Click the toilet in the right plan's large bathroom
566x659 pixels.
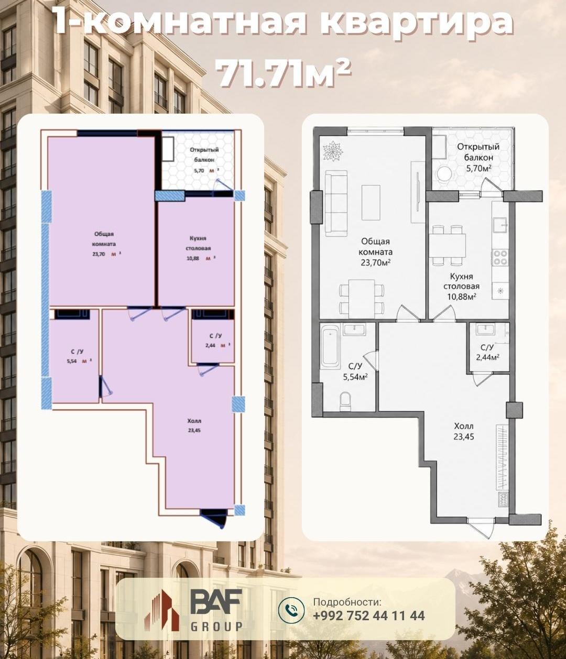[x=345, y=401]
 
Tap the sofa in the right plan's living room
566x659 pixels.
[x=336, y=203]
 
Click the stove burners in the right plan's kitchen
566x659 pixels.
[x=500, y=258]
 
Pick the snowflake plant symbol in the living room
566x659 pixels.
[x=332, y=150]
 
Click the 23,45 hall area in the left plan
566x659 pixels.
[x=194, y=430]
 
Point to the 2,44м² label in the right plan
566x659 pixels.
[x=487, y=357]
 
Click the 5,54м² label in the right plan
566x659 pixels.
[x=354, y=377]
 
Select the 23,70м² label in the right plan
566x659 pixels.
[x=375, y=262]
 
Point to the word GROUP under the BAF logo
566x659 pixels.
[x=216, y=627]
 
